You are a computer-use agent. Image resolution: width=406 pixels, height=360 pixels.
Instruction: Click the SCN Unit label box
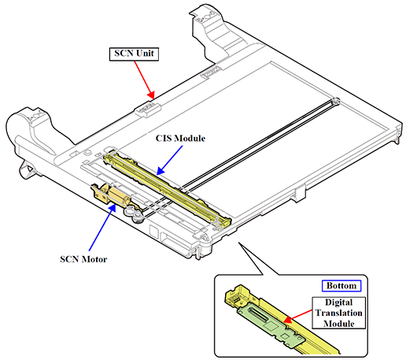[x=134, y=54]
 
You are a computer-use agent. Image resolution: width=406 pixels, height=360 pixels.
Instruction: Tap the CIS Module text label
[x=180, y=139]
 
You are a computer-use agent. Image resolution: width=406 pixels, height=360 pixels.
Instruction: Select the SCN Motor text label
[x=83, y=259]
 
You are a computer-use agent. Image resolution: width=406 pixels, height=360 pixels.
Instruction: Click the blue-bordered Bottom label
[x=341, y=286]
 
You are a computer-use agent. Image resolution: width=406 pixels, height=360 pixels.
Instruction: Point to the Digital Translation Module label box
[x=338, y=313]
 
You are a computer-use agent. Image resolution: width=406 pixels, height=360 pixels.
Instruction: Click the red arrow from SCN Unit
[x=144, y=80]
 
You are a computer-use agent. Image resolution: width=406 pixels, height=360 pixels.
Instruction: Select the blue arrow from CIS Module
[x=169, y=160]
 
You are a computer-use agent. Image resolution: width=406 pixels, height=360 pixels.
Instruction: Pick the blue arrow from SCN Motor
[x=102, y=227]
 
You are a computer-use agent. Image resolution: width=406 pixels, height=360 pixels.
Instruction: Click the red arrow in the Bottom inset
[x=298, y=317]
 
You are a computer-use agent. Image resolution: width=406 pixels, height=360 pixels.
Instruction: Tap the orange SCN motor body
[x=119, y=196]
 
